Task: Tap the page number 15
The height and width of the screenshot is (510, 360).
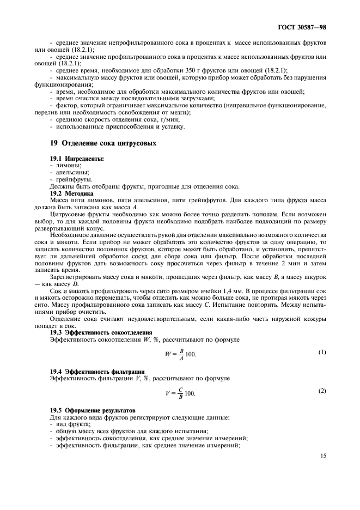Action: point(323,457)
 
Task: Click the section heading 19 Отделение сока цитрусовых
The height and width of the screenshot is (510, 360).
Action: point(103,143)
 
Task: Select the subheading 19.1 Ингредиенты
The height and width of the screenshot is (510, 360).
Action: point(77,158)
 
